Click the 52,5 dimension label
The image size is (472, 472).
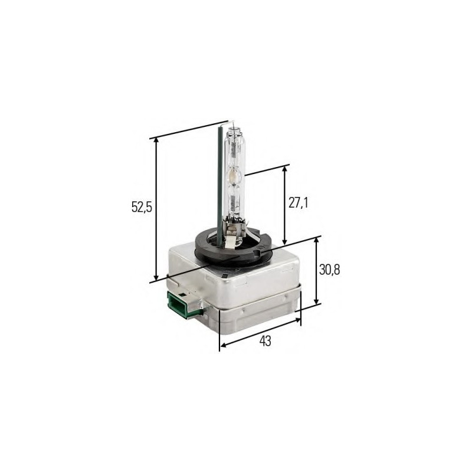(142, 207)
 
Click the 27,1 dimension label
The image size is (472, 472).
(299, 203)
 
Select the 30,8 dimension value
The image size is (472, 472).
(330, 270)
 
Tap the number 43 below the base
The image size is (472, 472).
(265, 341)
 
